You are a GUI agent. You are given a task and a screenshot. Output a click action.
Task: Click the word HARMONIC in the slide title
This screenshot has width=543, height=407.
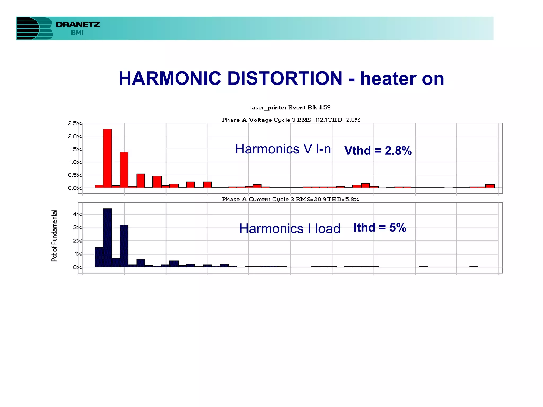(170, 78)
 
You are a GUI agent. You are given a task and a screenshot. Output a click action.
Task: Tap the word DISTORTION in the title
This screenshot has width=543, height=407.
(285, 78)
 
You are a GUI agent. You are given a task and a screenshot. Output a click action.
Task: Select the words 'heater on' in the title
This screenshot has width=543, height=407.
(402, 79)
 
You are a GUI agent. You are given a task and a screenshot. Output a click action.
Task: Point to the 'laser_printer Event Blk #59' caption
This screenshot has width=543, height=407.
(290, 108)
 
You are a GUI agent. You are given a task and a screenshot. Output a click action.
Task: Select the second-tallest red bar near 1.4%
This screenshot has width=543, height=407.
(124, 170)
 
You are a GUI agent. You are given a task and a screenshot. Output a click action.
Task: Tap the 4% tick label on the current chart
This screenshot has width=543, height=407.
(77, 215)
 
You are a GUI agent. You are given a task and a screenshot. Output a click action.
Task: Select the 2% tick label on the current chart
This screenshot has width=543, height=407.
(77, 241)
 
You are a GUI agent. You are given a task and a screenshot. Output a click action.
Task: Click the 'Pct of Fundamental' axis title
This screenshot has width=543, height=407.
(54, 236)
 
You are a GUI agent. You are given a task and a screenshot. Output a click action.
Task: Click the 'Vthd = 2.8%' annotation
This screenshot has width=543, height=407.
(378, 151)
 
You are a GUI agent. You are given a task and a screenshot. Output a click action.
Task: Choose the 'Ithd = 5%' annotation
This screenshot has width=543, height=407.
(380, 228)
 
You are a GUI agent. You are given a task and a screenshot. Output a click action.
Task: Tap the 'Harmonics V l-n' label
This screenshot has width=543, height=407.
(283, 149)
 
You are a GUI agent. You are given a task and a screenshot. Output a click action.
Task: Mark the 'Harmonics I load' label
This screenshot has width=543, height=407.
(290, 229)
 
